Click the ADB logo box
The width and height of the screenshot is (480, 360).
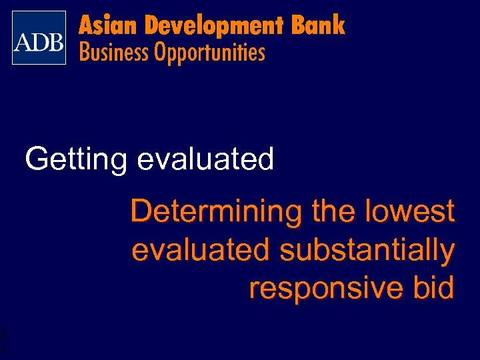(39, 38)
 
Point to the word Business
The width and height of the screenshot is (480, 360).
(115, 52)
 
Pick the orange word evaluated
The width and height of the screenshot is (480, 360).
(200, 250)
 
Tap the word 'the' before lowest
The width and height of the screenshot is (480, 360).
(333, 212)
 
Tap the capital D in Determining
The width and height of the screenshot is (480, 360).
(141, 212)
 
